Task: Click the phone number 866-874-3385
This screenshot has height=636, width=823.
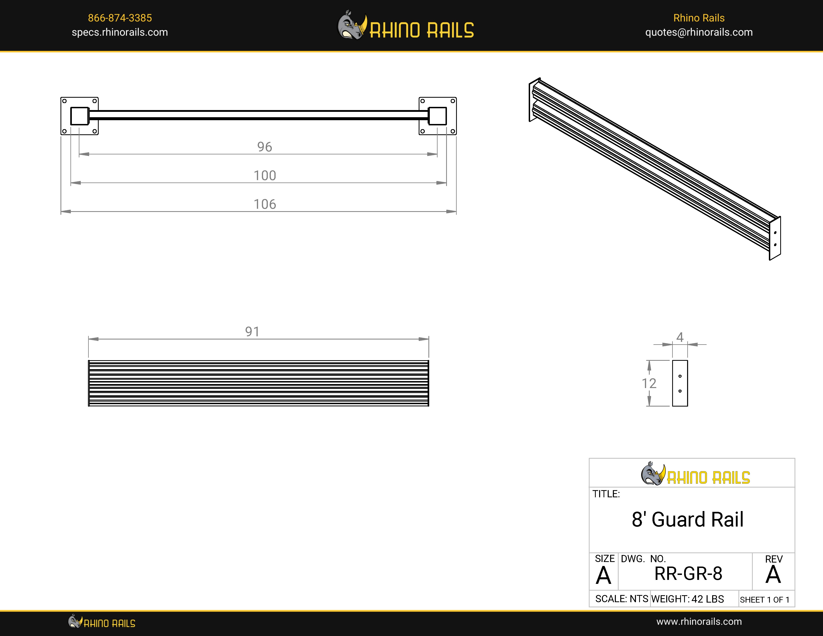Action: pyautogui.click(x=120, y=18)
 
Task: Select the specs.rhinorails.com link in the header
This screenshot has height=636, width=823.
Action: pyautogui.click(x=120, y=32)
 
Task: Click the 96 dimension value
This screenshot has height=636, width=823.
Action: pyautogui.click(x=264, y=147)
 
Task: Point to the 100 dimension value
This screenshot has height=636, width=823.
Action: pyautogui.click(x=264, y=176)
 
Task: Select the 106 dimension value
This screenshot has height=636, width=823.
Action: pyautogui.click(x=264, y=204)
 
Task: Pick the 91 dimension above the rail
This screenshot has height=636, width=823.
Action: pyautogui.click(x=252, y=332)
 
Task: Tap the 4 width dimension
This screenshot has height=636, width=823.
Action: pyautogui.click(x=680, y=337)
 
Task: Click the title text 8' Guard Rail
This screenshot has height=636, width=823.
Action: pyautogui.click(x=687, y=520)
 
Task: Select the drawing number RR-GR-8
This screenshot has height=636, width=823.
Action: pyautogui.click(x=688, y=574)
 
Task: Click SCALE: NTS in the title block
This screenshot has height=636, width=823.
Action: pyautogui.click(x=621, y=599)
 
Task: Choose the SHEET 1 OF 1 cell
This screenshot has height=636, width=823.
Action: pyautogui.click(x=764, y=599)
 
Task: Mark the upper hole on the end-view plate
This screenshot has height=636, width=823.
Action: pyautogui.click(x=680, y=376)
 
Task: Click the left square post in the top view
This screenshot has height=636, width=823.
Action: pyautogui.click(x=80, y=116)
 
